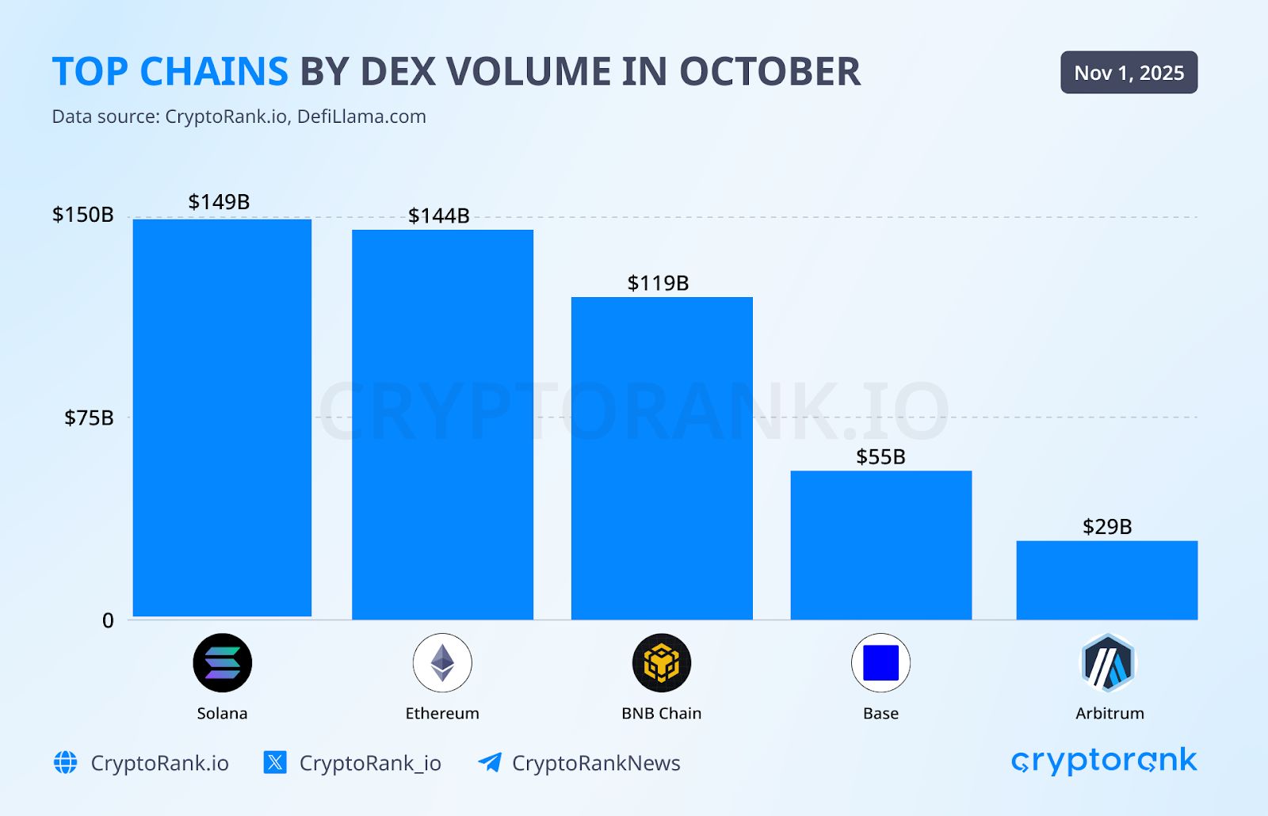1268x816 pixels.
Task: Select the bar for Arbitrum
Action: (x=1106, y=580)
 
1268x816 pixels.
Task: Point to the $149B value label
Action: (x=219, y=202)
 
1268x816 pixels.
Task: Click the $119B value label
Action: (x=658, y=283)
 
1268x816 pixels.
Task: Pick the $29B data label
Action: (x=1107, y=526)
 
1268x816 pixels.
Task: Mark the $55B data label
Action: (x=880, y=456)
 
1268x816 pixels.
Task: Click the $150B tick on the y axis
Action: (x=82, y=215)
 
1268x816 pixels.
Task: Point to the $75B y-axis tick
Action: (x=89, y=418)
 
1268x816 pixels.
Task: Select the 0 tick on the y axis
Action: (x=108, y=620)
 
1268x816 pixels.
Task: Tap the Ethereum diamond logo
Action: (x=442, y=662)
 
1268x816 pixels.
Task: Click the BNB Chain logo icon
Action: (x=662, y=662)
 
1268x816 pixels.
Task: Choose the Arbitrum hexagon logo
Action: (x=1108, y=662)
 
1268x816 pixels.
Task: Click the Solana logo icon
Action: (x=223, y=662)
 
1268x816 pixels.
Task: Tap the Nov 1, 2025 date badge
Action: (x=1129, y=73)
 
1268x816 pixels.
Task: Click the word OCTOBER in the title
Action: (x=770, y=72)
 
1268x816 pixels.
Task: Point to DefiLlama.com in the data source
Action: (x=361, y=116)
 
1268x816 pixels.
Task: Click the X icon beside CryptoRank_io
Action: (x=275, y=762)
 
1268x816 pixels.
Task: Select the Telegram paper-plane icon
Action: (x=489, y=762)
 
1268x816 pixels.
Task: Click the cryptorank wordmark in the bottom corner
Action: (x=1104, y=761)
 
